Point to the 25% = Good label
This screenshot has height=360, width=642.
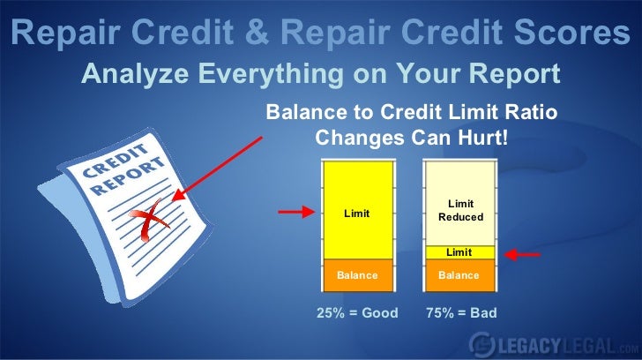click(357, 313)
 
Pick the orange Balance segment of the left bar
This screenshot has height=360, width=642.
click(357, 275)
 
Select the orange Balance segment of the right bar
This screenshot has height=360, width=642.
click(459, 275)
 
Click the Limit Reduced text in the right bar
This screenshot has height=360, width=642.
click(459, 210)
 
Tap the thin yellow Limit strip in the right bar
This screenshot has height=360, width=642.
click(459, 252)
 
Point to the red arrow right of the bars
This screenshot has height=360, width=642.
click(522, 254)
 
